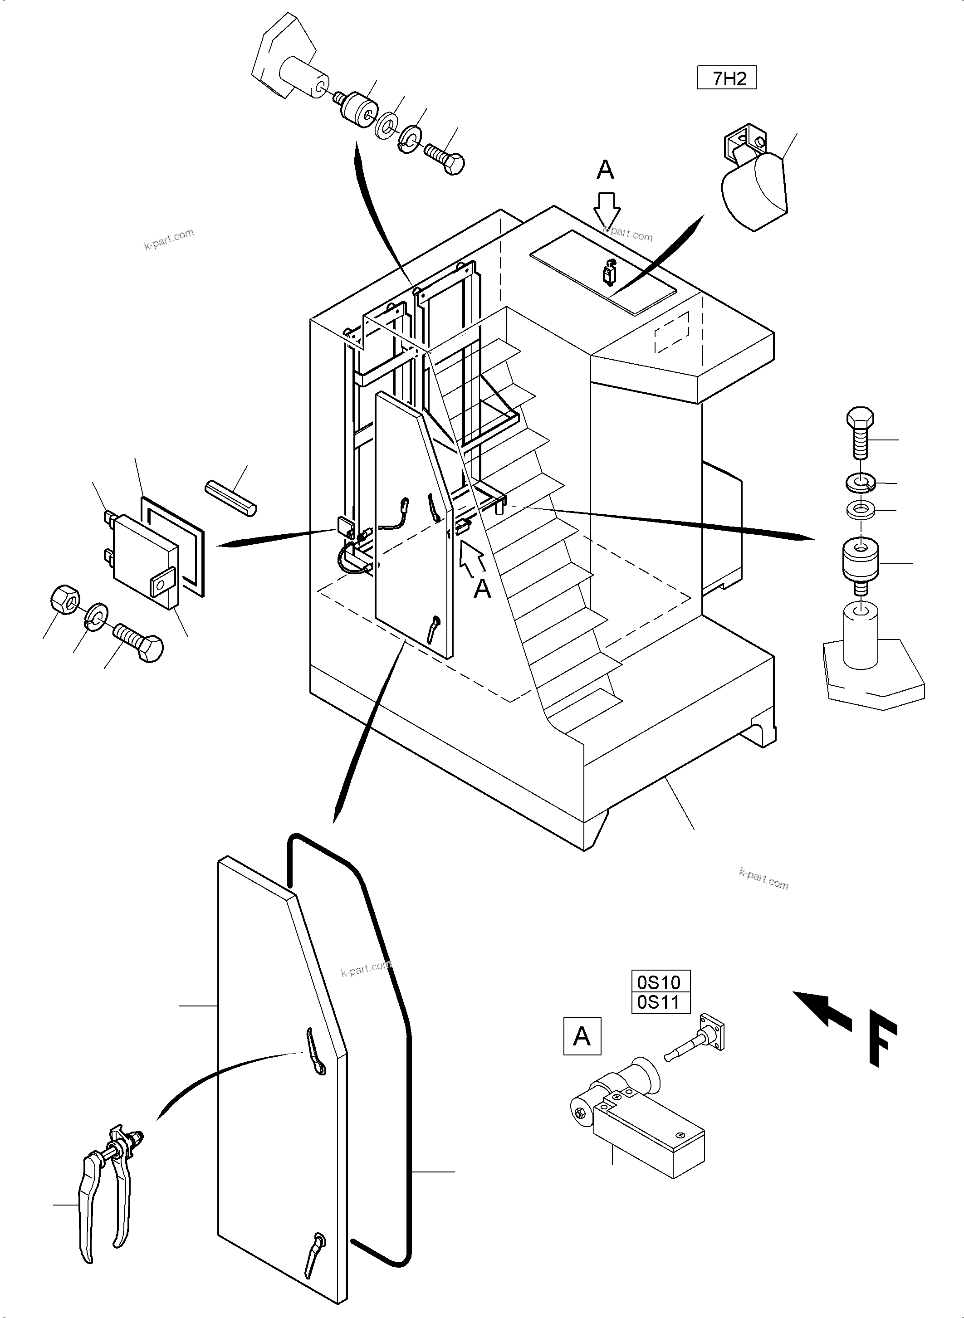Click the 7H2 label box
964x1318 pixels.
726,78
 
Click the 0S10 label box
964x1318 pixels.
661,982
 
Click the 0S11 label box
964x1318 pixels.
661,1002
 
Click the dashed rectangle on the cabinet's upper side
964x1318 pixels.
672,332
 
